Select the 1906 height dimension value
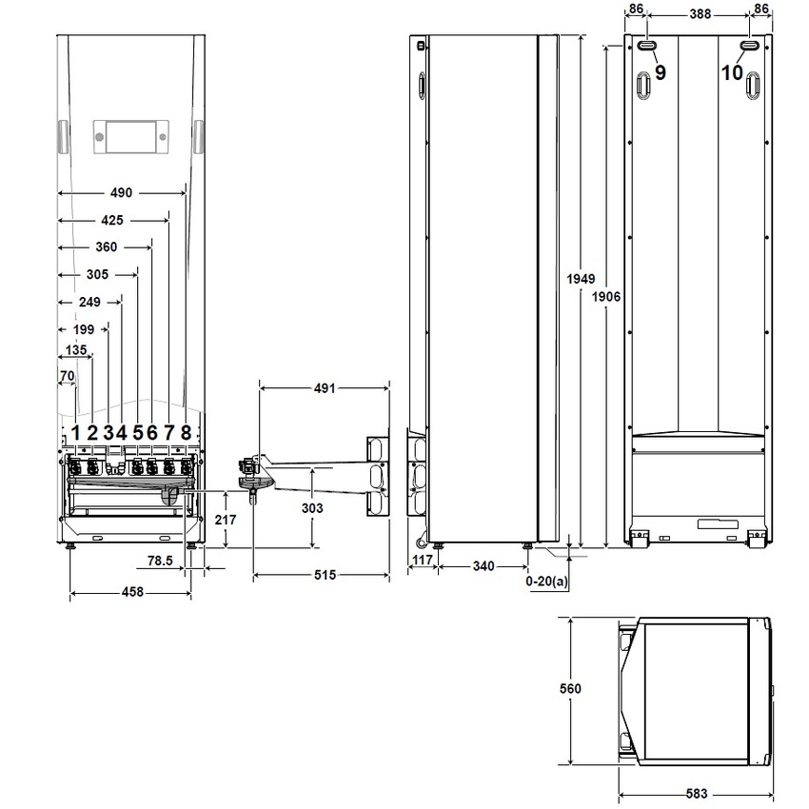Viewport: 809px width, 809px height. tap(606, 297)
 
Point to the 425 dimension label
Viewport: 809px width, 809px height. tap(111, 221)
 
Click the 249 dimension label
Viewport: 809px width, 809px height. tap(89, 302)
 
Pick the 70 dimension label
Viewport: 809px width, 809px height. tap(67, 376)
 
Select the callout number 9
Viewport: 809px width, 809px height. tap(661, 72)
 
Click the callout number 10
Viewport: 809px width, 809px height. tap(731, 72)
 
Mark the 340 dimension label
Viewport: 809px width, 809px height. tap(484, 566)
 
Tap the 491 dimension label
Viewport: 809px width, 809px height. tap(326, 388)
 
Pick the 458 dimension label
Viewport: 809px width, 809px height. tap(131, 592)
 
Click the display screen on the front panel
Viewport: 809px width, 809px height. tap(131, 137)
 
